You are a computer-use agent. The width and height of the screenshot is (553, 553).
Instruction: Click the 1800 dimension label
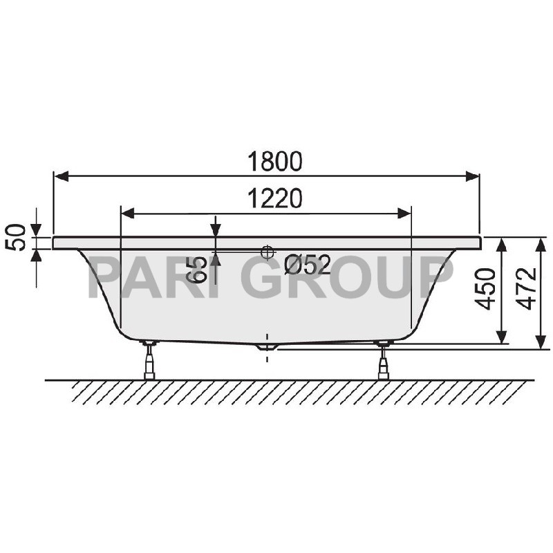point(275,161)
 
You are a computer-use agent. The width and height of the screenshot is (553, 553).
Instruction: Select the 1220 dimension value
point(275,198)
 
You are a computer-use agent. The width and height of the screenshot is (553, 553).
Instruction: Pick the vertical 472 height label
point(527,290)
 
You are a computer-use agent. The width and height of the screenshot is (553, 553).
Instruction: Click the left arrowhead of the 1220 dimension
point(128,214)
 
